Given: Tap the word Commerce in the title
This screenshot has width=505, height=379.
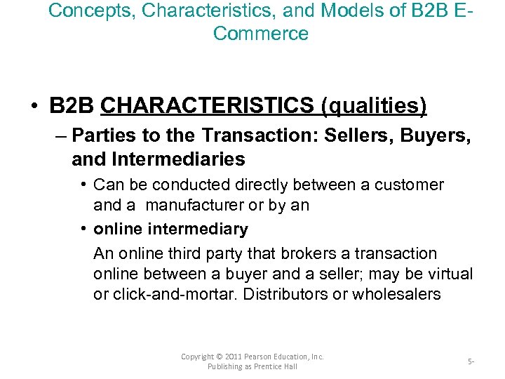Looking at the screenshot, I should pos(261,33).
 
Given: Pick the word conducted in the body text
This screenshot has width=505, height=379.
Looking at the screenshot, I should pos(180,185).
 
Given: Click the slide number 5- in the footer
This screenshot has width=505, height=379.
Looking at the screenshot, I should pos(471,362).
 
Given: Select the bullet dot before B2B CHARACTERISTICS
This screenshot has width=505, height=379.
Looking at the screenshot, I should pos(34,106).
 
